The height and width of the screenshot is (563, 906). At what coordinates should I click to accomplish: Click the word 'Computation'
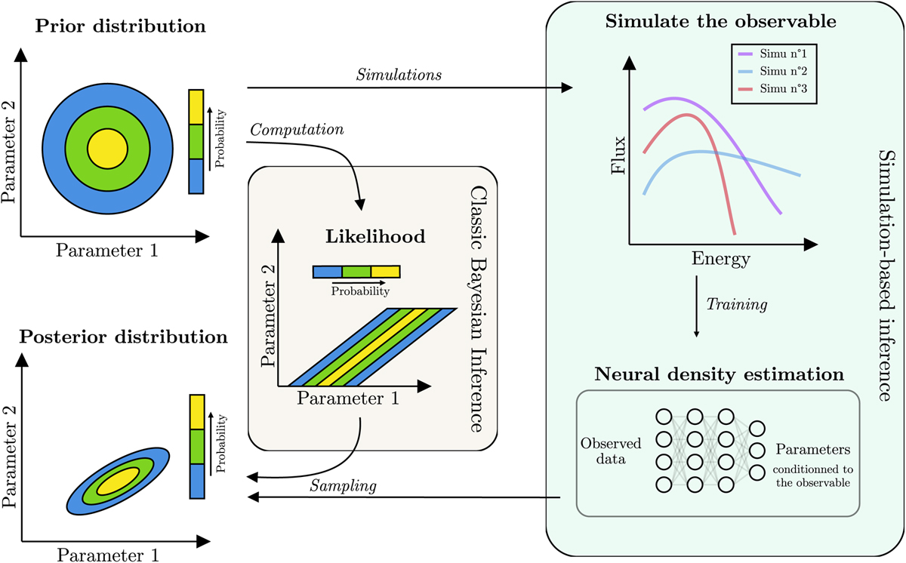(x=297, y=130)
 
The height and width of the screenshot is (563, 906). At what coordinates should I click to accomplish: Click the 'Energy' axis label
(x=721, y=260)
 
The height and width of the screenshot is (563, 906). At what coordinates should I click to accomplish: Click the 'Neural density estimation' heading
(x=718, y=373)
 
